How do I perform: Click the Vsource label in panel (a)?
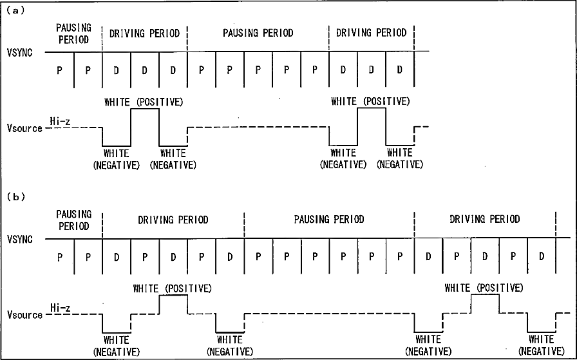click(24, 128)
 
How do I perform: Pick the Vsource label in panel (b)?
click(24, 315)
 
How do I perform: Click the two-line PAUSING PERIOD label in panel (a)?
click(73, 33)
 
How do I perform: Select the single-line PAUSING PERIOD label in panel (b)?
click(329, 220)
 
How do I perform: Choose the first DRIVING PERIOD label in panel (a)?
click(144, 33)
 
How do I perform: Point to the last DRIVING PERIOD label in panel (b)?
click(484, 220)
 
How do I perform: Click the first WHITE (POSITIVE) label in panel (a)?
click(144, 102)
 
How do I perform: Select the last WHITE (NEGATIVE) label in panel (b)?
click(541, 345)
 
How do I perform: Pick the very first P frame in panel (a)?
click(60, 70)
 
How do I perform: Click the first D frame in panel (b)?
click(117, 256)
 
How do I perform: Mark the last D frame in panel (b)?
click(542, 256)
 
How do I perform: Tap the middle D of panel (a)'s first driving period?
click(144, 70)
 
